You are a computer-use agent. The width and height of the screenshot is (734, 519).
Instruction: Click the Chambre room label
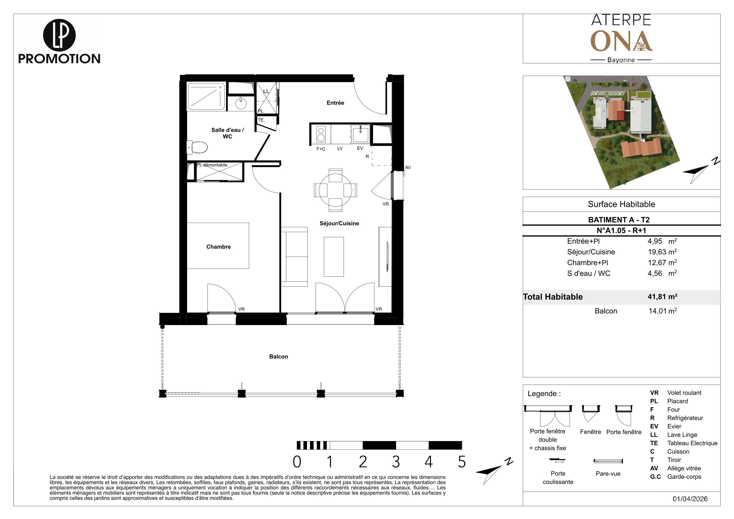(x=218, y=247)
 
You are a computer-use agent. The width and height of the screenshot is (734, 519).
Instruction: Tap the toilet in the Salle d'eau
(x=197, y=147)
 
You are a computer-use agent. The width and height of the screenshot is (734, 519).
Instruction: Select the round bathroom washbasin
(x=241, y=103)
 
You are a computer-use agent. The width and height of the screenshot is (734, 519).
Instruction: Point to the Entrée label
(x=335, y=103)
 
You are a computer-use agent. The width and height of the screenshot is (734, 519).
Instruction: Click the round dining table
(x=335, y=190)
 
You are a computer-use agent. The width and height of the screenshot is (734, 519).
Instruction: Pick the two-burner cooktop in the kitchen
(x=321, y=134)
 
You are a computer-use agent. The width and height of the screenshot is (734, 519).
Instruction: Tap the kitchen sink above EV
(x=360, y=134)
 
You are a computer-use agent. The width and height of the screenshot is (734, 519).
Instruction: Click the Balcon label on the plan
(x=279, y=357)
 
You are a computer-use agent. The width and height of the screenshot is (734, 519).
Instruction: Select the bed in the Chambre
(x=218, y=246)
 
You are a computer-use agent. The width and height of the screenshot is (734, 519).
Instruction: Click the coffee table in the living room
(x=334, y=256)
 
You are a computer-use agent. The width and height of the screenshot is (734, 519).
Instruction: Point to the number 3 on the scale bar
(x=396, y=462)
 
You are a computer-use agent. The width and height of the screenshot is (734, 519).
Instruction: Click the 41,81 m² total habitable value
(x=662, y=296)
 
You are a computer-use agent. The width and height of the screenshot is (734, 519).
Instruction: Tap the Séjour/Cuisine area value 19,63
(x=657, y=252)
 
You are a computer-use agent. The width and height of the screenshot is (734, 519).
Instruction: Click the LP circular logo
(x=59, y=35)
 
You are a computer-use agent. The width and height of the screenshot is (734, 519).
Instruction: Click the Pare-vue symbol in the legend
(x=608, y=461)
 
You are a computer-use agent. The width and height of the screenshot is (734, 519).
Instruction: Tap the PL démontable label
(x=212, y=165)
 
